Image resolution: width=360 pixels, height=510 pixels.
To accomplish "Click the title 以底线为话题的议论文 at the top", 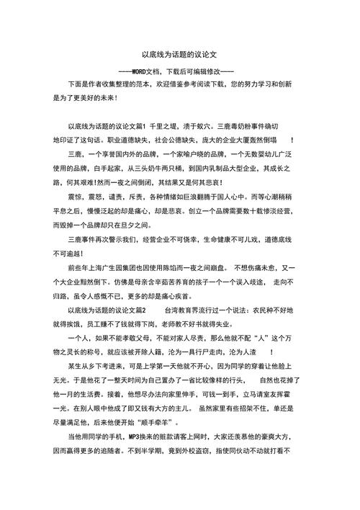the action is tap(179, 54).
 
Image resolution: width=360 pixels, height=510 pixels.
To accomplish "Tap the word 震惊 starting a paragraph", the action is tap(75, 196).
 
